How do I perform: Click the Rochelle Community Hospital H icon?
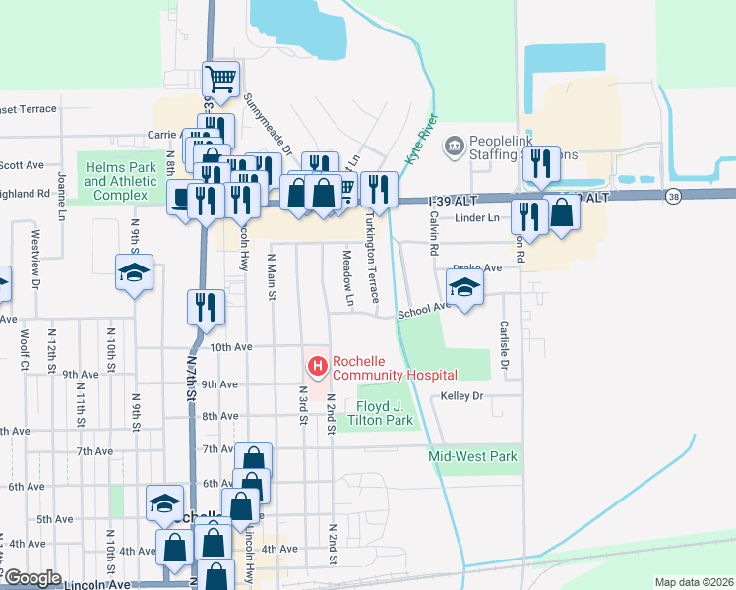click(318, 368)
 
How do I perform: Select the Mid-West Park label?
click(472, 456)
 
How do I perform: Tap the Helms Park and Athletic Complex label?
click(120, 182)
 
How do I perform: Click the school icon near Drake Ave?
click(465, 286)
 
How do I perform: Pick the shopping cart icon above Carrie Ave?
click(221, 78)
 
